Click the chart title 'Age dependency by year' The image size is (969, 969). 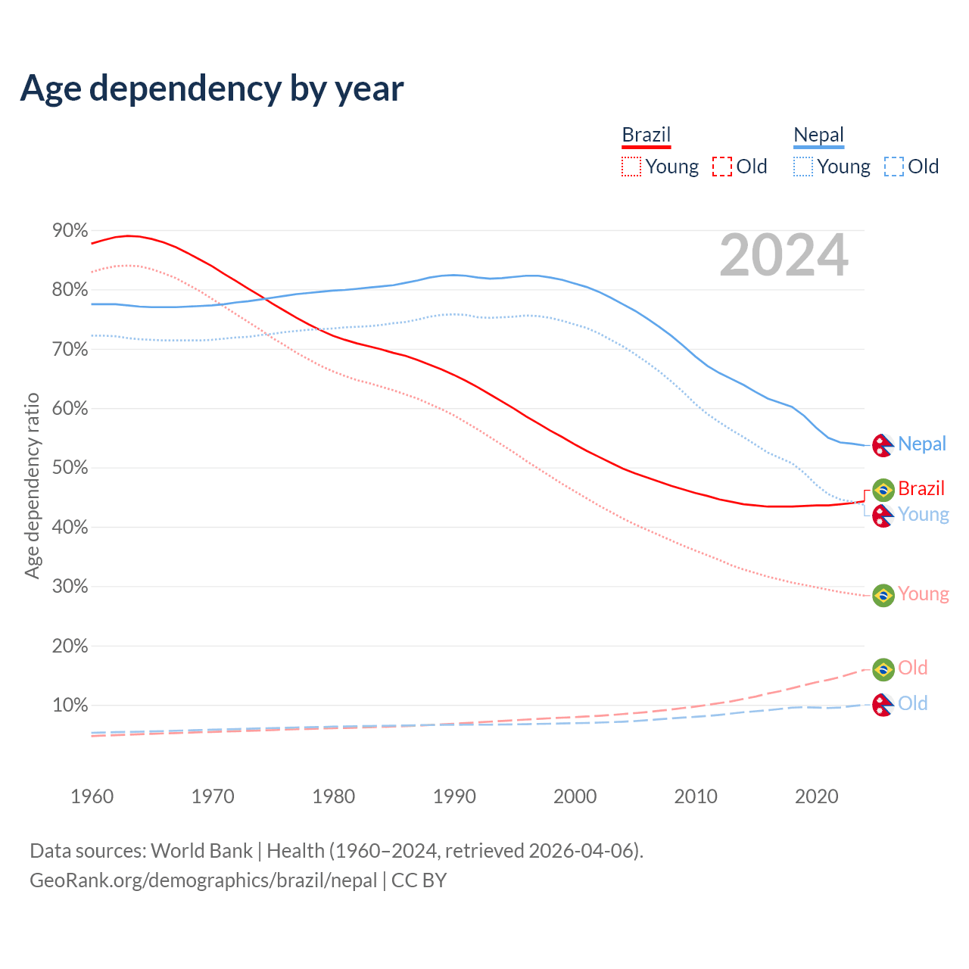point(212,88)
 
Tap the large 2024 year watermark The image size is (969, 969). point(784,256)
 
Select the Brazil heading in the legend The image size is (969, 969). point(647,135)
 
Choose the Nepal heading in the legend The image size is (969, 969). point(818,135)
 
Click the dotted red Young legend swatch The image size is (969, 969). point(631,167)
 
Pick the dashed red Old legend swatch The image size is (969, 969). point(722,167)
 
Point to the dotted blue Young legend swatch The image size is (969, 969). point(803,167)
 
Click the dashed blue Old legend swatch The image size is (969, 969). point(894,167)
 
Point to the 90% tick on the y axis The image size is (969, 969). point(70,230)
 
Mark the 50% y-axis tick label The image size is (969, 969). point(70,468)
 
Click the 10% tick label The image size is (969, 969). point(70,706)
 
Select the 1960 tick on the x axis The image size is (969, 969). point(92,796)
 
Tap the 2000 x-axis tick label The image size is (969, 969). point(575,796)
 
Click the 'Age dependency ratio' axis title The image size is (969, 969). point(32,485)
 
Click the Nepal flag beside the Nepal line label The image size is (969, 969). point(883,445)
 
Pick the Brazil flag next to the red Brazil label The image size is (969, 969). point(883,490)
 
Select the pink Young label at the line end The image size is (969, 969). point(924,594)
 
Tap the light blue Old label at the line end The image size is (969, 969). point(913,704)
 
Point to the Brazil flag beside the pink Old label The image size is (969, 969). point(883,669)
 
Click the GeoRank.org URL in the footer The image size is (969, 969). point(203,880)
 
